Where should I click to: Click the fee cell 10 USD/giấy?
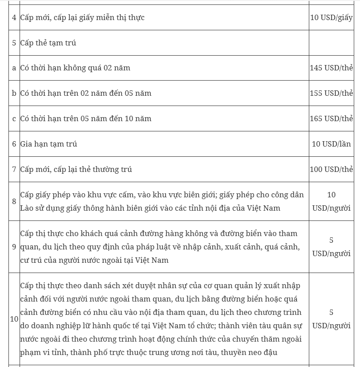[331, 18]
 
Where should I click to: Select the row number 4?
[14, 18]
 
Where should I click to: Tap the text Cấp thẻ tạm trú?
[48, 43]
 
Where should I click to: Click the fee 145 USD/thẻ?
[331, 68]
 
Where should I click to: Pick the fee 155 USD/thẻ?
[331, 93]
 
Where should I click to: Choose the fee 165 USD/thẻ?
[331, 118]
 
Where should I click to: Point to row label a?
[14, 68]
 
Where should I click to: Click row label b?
[14, 93]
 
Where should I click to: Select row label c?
[14, 118]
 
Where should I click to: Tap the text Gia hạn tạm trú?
[49, 144]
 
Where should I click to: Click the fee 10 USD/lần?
[331, 144]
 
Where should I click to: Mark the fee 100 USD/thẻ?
[331, 169]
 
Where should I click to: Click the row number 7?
[14, 169]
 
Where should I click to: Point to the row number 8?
[14, 201]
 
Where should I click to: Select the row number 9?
[14, 246]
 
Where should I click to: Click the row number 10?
[14, 319]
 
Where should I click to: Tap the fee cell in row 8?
[331, 201]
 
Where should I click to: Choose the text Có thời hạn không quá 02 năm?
[75, 68]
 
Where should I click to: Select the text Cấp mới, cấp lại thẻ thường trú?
[76, 169]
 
